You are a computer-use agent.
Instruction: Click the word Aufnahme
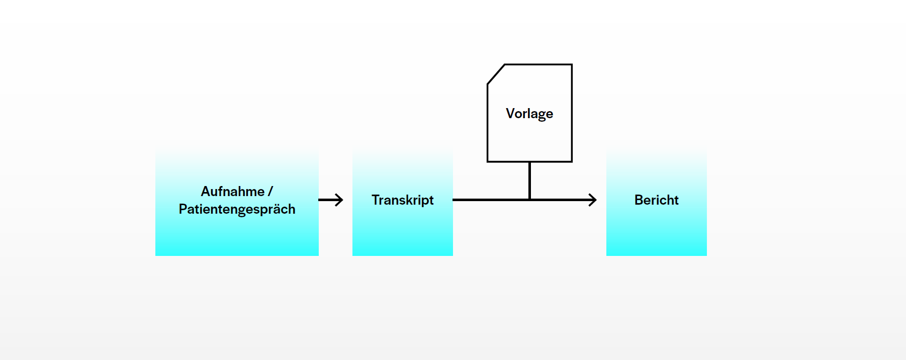232,192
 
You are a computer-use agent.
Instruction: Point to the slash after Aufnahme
270,192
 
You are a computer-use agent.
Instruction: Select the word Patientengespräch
237,209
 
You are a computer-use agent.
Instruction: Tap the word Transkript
402,200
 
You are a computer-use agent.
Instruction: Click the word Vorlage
529,114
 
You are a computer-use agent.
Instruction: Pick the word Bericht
656,200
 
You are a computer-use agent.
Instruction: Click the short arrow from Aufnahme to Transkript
330,200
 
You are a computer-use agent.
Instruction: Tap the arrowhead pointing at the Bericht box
593,200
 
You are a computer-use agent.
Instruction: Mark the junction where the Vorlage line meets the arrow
529,200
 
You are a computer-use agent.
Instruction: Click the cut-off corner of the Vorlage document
496,74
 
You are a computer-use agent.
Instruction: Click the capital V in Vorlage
510,114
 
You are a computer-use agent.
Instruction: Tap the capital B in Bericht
639,200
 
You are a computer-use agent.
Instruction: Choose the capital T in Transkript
376,200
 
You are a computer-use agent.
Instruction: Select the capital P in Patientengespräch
183,209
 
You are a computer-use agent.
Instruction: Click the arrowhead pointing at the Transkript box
340,200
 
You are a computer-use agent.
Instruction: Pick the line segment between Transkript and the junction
490,200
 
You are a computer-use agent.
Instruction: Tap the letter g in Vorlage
540,115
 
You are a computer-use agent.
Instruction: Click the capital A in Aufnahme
205,192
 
